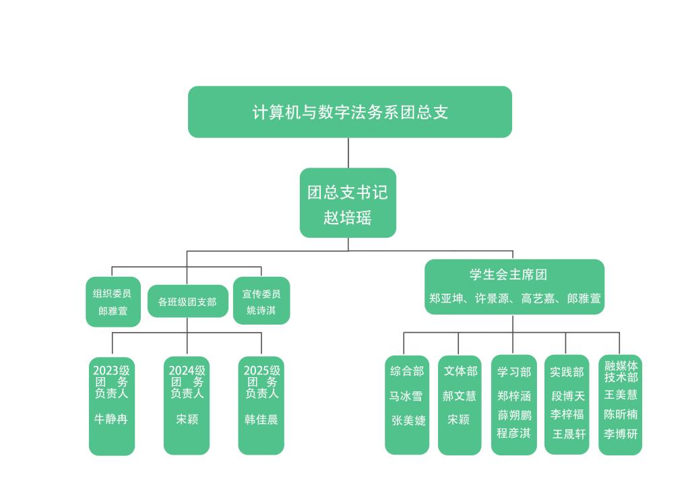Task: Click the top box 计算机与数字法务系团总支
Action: pos(350,112)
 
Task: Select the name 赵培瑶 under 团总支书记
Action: pos(348,218)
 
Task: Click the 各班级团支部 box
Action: pos(187,302)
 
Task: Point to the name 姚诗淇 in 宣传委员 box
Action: pos(261,311)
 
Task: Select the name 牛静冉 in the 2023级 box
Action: pos(111,419)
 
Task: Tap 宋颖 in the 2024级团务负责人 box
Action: pos(187,419)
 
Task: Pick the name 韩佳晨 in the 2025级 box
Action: pos(261,419)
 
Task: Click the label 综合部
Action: pos(407,371)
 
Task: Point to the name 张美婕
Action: pos(408,420)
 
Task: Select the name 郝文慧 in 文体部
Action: pos(460,395)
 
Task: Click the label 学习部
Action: pos(514,372)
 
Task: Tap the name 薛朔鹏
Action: pos(514,414)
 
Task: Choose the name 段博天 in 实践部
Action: pos(568,396)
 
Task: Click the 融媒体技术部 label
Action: pos(621,372)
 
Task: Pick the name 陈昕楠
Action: pos(621,414)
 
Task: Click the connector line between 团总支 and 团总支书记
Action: pos(348,153)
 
